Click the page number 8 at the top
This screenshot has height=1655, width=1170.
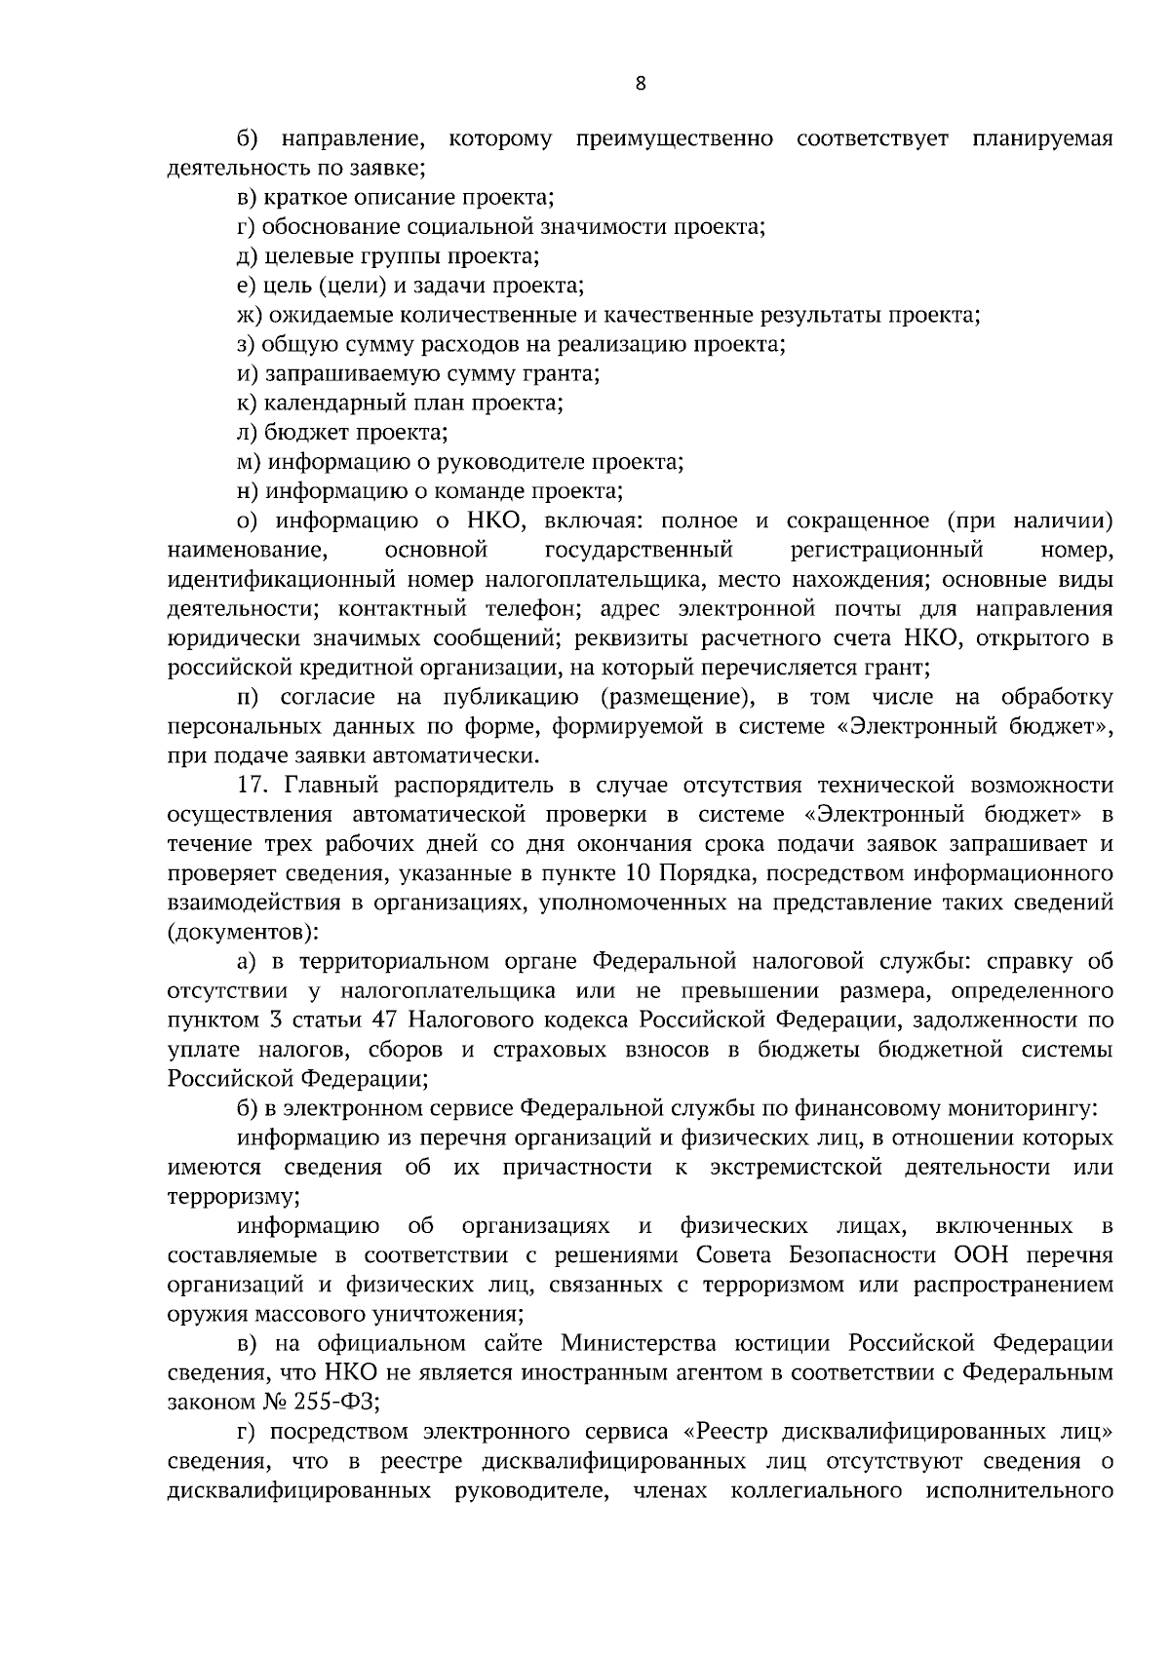tap(640, 83)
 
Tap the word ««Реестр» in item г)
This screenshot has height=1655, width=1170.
tap(726, 1432)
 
